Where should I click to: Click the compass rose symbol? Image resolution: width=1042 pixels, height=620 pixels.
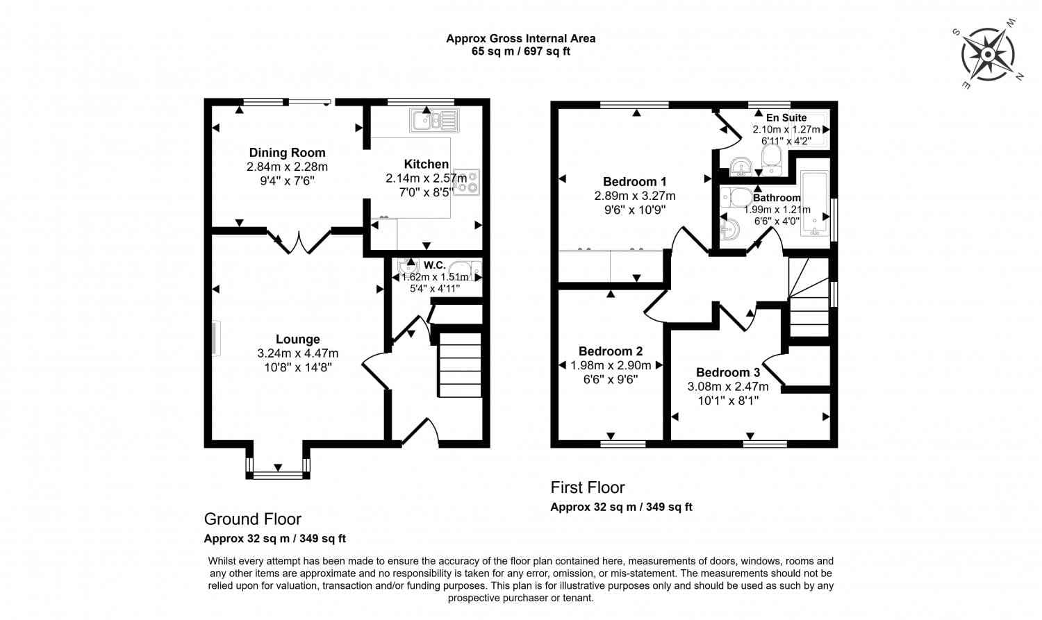[987, 55]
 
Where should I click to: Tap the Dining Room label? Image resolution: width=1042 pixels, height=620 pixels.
[287, 153]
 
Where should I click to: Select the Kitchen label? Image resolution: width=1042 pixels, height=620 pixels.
[426, 164]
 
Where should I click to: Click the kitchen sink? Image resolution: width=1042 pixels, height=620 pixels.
[435, 121]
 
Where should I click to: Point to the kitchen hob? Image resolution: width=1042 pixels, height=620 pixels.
[467, 181]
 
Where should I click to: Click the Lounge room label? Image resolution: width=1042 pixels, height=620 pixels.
[297, 339]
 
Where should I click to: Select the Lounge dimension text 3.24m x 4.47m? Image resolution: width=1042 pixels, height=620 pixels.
[297, 353]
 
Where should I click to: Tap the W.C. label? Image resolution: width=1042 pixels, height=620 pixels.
[434, 265]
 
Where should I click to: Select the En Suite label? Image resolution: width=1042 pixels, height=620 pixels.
[786, 117]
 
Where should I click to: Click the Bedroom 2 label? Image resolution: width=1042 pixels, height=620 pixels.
[610, 351]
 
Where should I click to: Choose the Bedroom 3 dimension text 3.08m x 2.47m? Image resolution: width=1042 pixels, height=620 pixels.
[727, 387]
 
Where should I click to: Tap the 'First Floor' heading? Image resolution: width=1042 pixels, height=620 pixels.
[588, 487]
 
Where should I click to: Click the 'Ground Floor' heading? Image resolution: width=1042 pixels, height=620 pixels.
[252, 519]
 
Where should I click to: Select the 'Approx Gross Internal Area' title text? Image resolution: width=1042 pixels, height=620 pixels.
[520, 39]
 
